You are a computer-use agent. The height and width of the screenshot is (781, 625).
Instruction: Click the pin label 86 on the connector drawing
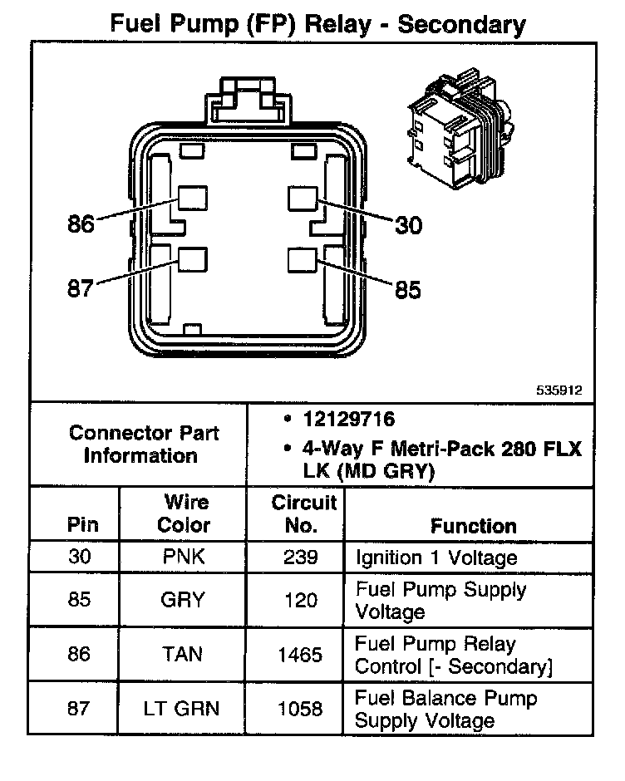click(x=81, y=224)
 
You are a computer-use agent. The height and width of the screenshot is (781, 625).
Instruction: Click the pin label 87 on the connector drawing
click(x=81, y=289)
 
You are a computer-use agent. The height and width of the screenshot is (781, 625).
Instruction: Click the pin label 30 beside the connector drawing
click(x=408, y=225)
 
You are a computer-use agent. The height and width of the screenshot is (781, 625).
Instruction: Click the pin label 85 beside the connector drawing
click(x=407, y=290)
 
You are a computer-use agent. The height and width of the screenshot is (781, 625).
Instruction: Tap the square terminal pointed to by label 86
click(x=192, y=197)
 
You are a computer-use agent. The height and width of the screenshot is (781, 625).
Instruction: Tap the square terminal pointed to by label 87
click(x=192, y=260)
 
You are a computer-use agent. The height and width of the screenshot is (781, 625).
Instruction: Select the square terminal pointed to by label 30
click(x=302, y=198)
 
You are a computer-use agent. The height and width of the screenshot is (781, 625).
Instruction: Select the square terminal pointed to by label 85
click(x=300, y=260)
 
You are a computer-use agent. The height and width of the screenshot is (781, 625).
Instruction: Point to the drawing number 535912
click(x=560, y=388)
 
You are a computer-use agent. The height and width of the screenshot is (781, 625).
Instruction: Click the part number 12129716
click(x=348, y=420)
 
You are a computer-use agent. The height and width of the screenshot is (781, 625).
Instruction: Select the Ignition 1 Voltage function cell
click(x=436, y=557)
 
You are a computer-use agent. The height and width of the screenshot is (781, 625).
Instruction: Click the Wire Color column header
click(x=183, y=514)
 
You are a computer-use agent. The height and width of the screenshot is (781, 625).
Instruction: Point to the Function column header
click(x=473, y=526)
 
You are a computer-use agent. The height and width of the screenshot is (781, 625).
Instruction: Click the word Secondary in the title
click(x=461, y=25)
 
